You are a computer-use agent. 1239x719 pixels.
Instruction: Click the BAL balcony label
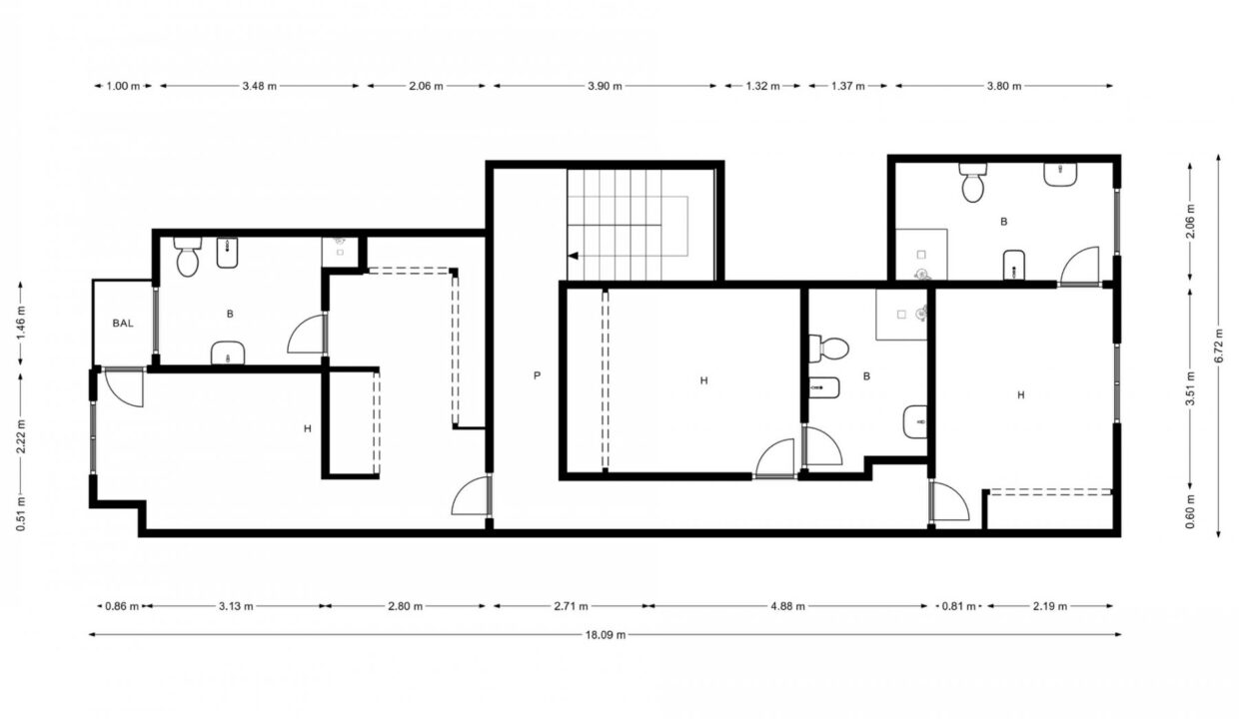pos(123,323)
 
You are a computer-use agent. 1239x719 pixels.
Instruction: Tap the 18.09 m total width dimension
pos(606,634)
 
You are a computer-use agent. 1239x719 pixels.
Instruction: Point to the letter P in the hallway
pos(537,375)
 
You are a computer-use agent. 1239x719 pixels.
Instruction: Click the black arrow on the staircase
pos(574,256)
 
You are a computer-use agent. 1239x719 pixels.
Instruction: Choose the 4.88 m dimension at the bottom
pos(787,606)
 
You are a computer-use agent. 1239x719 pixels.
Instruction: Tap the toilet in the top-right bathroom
pos(973,185)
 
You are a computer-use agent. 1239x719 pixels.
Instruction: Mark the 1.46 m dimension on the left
pos(21,324)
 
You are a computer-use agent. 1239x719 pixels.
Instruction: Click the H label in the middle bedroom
pos(703,380)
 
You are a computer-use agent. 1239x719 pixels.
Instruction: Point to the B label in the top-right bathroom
pos(1004,222)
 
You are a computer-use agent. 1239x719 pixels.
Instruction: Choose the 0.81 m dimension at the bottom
pos(955,606)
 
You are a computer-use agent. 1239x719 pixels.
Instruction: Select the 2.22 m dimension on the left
pos(21,435)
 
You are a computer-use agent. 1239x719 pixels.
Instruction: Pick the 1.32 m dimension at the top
pos(762,86)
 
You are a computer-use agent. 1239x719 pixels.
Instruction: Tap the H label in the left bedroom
pos(308,428)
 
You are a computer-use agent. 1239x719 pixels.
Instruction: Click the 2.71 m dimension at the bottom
pos(571,606)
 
